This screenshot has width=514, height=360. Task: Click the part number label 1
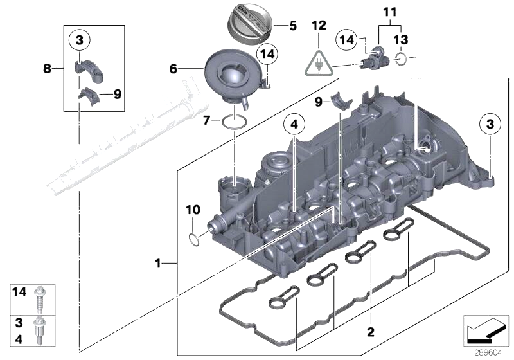tap(157, 263)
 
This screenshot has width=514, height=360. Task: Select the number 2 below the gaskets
tap(369, 332)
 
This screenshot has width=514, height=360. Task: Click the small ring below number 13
tap(400, 60)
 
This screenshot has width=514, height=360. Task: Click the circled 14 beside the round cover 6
tap(265, 55)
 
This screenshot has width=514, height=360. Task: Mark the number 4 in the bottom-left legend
tap(20, 336)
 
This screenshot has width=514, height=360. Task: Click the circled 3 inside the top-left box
tap(79, 40)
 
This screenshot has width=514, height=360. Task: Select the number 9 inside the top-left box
tap(116, 94)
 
